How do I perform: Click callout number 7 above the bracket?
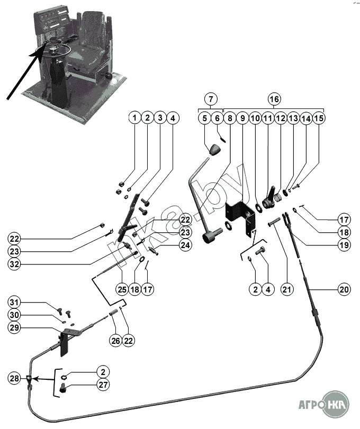click(211, 99)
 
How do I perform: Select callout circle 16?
click(274, 99)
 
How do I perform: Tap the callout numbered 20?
click(344, 289)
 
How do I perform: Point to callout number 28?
click(14, 378)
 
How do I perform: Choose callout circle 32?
click(14, 264)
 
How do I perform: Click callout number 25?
click(122, 289)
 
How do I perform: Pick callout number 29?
click(14, 327)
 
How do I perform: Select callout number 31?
click(14, 303)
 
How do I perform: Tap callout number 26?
click(116, 340)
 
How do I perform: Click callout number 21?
click(286, 289)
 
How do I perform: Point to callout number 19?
click(344, 245)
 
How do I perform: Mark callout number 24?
click(185, 245)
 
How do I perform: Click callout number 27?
click(103, 385)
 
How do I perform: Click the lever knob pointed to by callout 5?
click(215, 149)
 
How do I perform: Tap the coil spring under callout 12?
click(278, 197)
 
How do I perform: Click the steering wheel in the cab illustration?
click(58, 51)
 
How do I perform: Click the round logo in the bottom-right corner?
click(336, 404)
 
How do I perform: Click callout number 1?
click(134, 118)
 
